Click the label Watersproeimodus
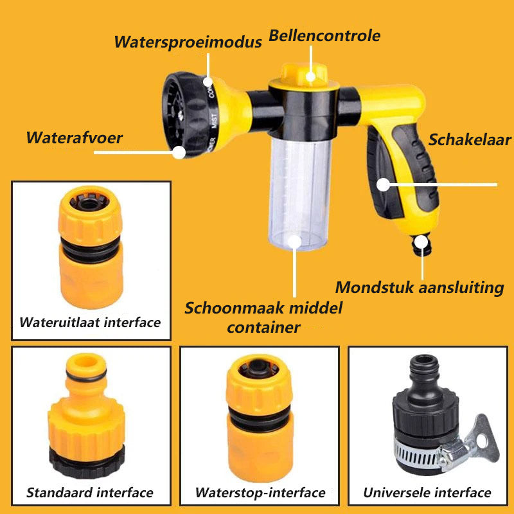[x=188, y=42]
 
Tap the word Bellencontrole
[x=324, y=35]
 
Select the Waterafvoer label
[x=74, y=137]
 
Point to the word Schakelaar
[x=470, y=140]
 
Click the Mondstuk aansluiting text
[x=419, y=287]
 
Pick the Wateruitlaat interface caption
[x=90, y=322]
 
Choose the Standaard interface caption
[x=90, y=493]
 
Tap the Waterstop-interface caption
[x=260, y=493]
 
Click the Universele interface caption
[x=427, y=493]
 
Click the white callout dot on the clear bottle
[x=294, y=242]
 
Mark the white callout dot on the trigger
[x=383, y=184]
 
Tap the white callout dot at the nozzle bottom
[x=179, y=152]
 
